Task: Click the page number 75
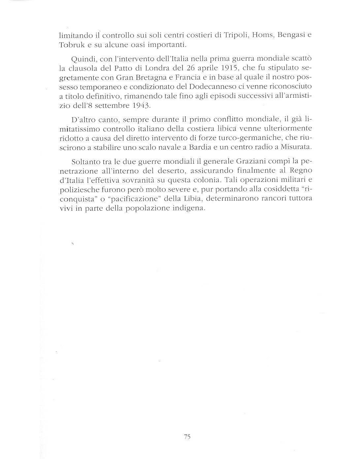click(187, 437)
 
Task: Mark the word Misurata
click(295, 147)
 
